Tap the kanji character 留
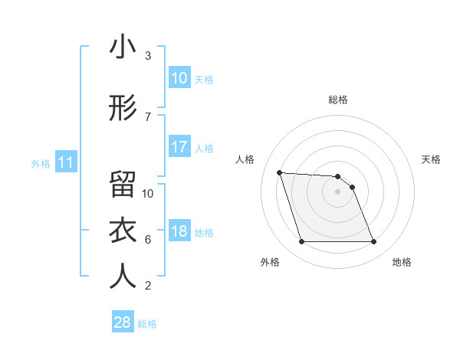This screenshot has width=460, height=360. coord(123,184)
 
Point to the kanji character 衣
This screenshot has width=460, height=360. coord(123,231)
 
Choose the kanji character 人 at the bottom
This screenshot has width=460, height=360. coord(123,277)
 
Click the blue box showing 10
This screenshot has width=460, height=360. coord(179,78)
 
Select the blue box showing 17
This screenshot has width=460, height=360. coord(179,147)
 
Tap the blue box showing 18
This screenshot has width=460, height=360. coord(179,232)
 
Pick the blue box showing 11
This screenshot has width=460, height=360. coord(65,162)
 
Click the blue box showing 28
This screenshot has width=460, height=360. coord(123,322)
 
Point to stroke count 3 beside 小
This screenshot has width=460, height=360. coord(148,56)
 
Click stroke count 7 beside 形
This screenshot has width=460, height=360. coord(148,116)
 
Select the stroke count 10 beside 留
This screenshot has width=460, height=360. coord(149,193)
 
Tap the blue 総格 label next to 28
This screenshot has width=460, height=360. coord(147,324)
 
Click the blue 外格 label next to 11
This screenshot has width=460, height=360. coord(41,164)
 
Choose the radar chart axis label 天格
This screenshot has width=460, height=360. coord(432,159)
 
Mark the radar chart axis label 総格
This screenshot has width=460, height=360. coord(338,100)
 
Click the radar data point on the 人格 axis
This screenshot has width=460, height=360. coord(280,172)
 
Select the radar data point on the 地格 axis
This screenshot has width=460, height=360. coord(373,242)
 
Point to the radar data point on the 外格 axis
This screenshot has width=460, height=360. coord(301,242)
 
